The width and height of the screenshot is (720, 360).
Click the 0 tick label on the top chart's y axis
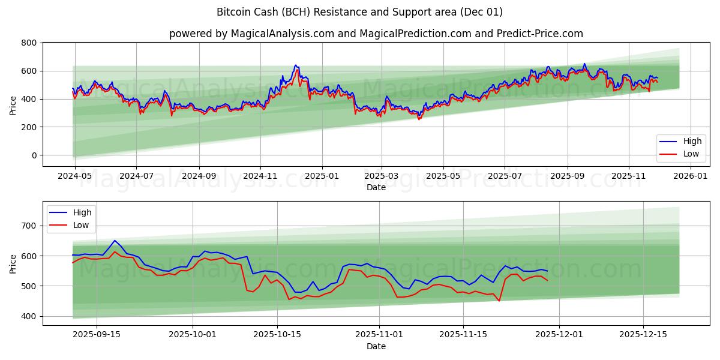34,155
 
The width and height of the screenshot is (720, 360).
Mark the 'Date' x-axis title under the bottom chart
376,347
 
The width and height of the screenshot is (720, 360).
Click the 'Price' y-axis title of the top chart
13,104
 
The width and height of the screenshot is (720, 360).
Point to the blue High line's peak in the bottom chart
115,241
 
